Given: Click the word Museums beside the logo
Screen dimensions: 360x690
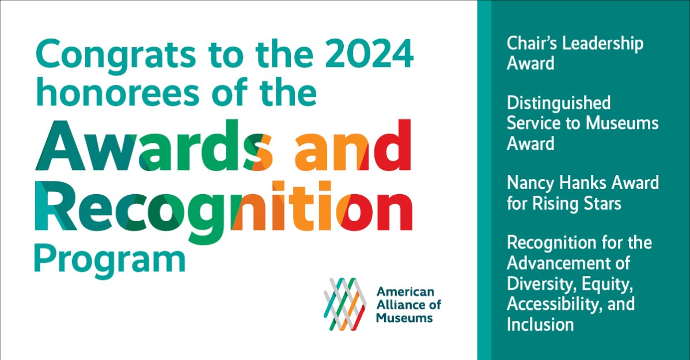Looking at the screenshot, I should point(404,317).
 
